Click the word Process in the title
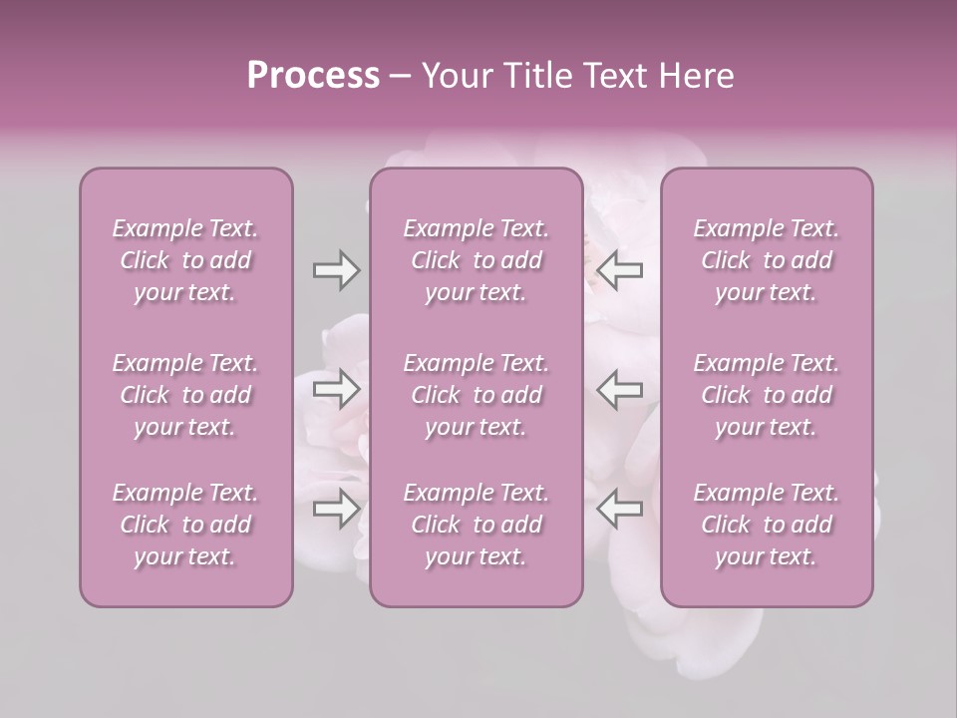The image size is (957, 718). (313, 76)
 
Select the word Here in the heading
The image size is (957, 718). (696, 76)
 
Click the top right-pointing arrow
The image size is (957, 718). (336, 270)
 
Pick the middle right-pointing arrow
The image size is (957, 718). (336, 389)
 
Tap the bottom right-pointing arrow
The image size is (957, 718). (336, 509)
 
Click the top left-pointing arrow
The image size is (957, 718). (619, 270)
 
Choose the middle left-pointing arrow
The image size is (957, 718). (619, 389)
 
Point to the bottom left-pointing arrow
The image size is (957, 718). (619, 509)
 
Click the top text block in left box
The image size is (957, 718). (185, 260)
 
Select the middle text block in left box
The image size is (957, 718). (185, 395)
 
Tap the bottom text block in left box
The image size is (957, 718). (185, 525)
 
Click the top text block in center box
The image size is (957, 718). (477, 260)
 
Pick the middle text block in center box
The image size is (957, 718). (477, 395)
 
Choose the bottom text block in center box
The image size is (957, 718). (477, 525)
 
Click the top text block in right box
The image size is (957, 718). (767, 260)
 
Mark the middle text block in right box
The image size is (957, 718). (767, 395)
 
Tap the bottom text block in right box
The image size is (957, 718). (767, 525)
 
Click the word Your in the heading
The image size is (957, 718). (456, 76)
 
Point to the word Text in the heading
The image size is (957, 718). (612, 76)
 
